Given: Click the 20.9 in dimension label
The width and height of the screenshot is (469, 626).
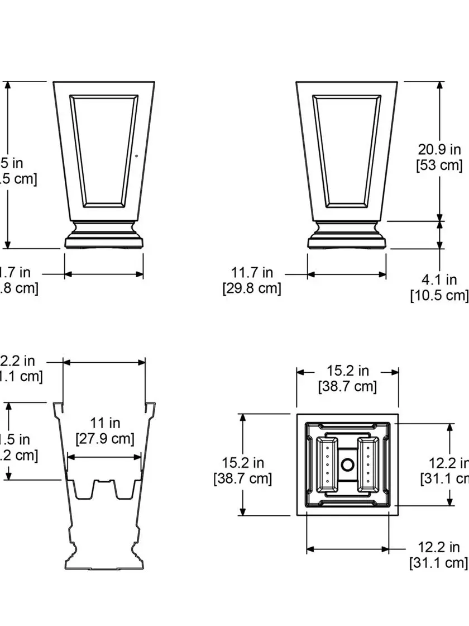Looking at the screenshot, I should coord(439,149).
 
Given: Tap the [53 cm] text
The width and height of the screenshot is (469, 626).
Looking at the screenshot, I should coord(439,165).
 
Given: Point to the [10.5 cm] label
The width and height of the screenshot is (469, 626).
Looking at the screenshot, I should coord(439,295).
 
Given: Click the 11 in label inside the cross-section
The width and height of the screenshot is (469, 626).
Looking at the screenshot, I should coord(105,423).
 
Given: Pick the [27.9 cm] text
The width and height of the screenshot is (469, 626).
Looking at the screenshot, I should coord(105,439).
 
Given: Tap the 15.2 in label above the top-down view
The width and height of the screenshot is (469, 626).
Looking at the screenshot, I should coord(347,371).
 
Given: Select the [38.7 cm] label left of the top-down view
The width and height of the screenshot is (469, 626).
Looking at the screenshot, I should coord(242,478).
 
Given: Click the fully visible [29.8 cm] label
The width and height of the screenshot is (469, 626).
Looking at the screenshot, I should coord(252,288).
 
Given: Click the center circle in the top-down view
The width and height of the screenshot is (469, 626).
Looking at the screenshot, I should coord(347,464).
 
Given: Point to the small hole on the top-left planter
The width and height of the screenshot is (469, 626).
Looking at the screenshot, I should coord(137,156).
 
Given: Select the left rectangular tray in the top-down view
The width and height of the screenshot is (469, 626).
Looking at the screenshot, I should coord(328,465).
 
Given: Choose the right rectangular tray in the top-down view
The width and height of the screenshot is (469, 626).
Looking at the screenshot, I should coord(368,465).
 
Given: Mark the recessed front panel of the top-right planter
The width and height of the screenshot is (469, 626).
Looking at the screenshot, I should coord(347,150).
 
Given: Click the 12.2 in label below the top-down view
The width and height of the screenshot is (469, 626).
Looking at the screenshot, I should coord(439,547).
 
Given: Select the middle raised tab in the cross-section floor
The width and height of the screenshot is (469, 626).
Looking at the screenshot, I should coord(104,486).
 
